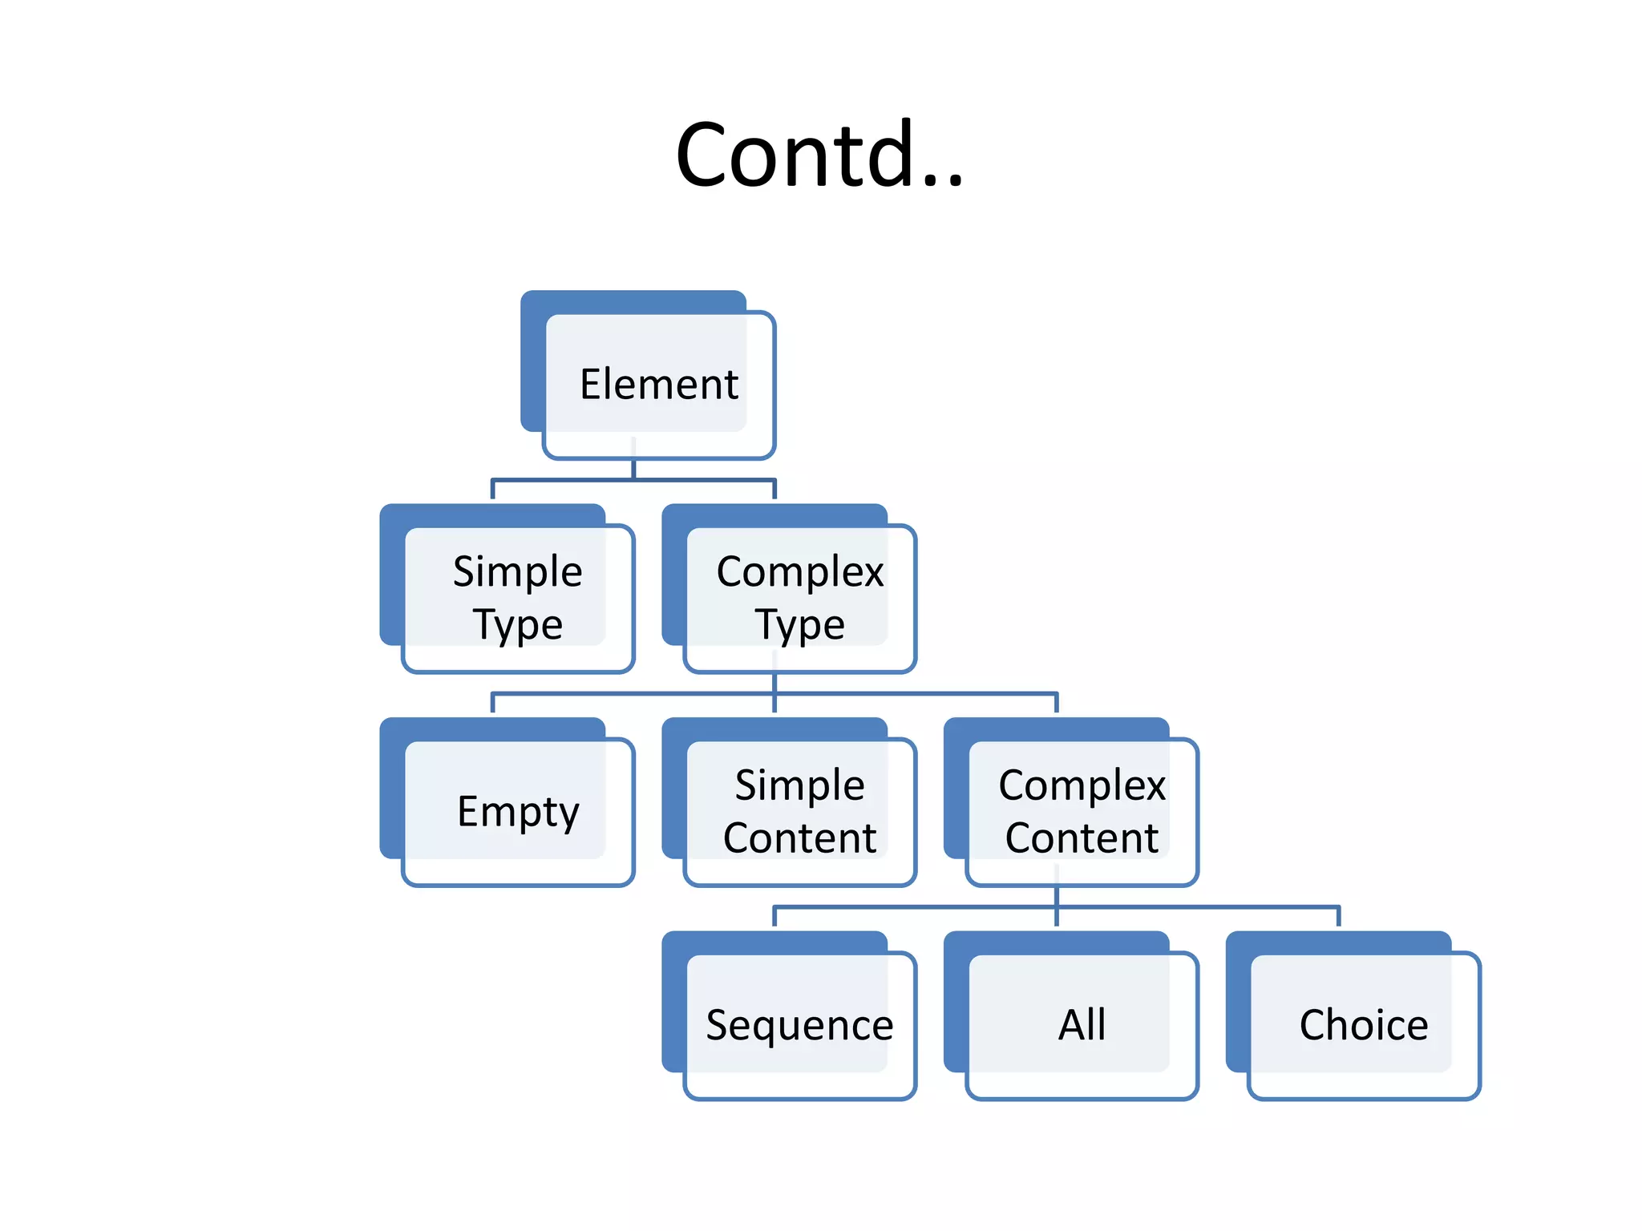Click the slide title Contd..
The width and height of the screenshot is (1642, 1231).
[819, 154]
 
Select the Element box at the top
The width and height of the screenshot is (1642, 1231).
[658, 384]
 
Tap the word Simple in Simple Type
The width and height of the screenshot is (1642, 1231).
[517, 572]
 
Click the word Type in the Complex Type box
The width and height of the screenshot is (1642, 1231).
[799, 625]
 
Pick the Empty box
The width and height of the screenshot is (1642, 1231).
[518, 811]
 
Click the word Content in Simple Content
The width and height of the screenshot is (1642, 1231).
[799, 838]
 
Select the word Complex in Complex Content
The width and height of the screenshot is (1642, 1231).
[1082, 785]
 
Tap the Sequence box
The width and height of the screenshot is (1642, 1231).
[799, 1024]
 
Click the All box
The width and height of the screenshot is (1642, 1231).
[1082, 1024]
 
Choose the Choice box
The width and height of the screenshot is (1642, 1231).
[1364, 1024]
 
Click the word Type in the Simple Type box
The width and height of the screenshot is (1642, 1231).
[517, 625]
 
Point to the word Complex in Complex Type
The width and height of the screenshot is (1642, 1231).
[799, 572]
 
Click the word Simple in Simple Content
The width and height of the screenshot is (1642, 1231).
[799, 785]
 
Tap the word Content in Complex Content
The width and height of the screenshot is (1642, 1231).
[1082, 838]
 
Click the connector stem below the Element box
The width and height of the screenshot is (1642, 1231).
[633, 470]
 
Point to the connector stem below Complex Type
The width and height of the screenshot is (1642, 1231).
[774, 683]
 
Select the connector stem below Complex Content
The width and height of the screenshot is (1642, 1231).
[1057, 897]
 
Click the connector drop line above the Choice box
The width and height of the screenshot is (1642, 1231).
[1338, 917]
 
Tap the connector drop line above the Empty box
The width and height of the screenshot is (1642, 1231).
[492, 703]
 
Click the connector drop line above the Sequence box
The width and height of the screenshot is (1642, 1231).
[774, 917]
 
